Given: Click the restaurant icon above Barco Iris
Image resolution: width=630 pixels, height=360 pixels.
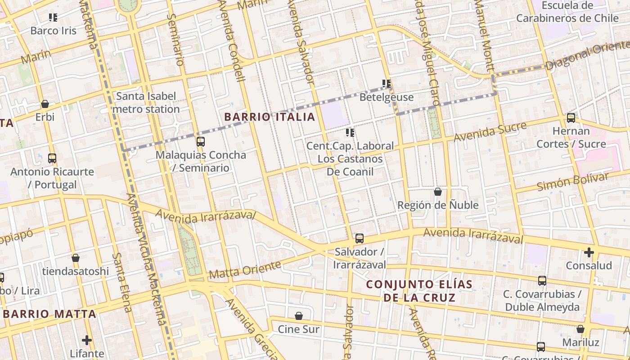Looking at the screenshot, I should pyautogui.click(x=53, y=18).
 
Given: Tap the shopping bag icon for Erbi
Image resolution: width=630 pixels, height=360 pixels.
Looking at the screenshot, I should pyautogui.click(x=45, y=104).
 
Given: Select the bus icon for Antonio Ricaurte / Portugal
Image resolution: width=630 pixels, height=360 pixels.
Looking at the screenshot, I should pyautogui.click(x=52, y=158).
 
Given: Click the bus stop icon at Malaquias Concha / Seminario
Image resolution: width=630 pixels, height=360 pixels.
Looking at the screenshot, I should pyautogui.click(x=201, y=142).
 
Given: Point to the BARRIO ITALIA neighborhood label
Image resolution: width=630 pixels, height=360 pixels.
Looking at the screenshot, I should pyautogui.click(x=270, y=117).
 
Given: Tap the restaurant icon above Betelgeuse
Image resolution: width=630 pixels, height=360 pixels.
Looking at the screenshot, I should pyautogui.click(x=387, y=84).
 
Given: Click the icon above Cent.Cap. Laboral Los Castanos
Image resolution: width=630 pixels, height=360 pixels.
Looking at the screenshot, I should pyautogui.click(x=350, y=133).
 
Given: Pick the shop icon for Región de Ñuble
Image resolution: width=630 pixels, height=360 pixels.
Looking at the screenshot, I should pyautogui.click(x=438, y=192).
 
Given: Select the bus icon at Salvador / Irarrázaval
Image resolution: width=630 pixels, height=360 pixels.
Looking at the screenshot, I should pyautogui.click(x=360, y=238).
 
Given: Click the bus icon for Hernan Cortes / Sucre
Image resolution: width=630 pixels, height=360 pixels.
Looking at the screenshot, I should pyautogui.click(x=571, y=118).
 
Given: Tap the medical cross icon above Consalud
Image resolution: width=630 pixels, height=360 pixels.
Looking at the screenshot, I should pyautogui.click(x=589, y=252).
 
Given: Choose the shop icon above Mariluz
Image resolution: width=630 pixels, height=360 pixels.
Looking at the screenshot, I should pyautogui.click(x=580, y=329).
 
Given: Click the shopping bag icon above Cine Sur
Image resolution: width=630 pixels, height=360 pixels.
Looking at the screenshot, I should pyautogui.click(x=299, y=316).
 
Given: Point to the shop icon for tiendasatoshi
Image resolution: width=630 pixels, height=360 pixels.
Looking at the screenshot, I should pyautogui.click(x=76, y=258).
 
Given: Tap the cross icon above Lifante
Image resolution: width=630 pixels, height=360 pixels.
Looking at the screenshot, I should pyautogui.click(x=87, y=340).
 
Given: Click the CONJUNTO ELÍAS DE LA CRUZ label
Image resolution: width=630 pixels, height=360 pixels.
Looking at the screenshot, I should pyautogui.click(x=419, y=291).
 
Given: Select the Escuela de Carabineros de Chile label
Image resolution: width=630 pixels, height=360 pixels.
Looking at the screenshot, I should pyautogui.click(x=567, y=12).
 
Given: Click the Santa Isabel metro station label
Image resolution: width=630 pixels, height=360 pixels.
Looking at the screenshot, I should pyautogui.click(x=146, y=103).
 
